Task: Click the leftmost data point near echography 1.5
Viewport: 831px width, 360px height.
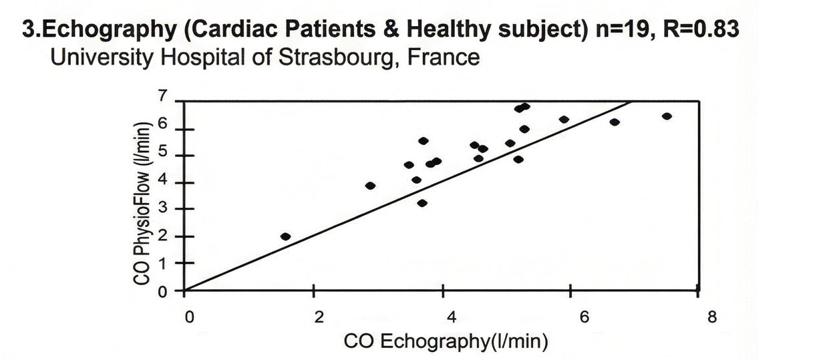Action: click(285, 236)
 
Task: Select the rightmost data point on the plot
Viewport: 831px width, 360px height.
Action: click(666, 116)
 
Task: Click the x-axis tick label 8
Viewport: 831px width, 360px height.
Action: click(712, 317)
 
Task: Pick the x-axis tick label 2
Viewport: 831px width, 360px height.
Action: click(319, 317)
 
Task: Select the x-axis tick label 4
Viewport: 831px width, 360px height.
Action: click(451, 317)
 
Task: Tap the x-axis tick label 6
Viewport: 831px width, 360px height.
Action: click(583, 317)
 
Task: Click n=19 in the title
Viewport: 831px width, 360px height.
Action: click(623, 31)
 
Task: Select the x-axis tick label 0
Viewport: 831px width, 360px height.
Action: click(189, 317)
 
